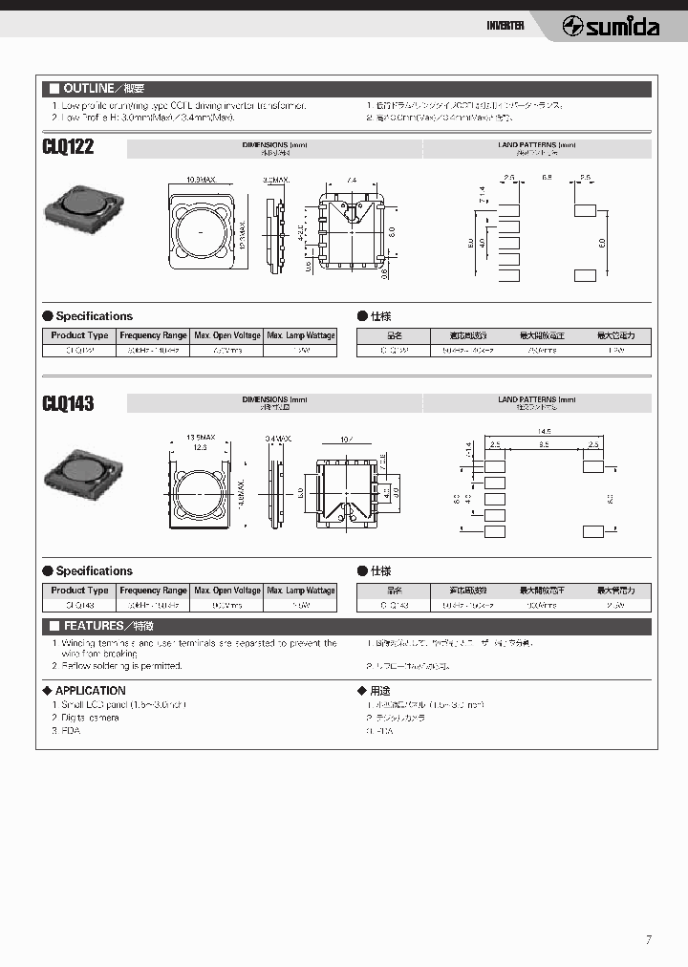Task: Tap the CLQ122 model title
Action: tap(69, 148)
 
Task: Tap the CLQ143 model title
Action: tap(69, 403)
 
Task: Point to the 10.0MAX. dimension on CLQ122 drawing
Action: tap(201, 180)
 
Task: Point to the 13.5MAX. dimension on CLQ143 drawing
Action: tap(201, 437)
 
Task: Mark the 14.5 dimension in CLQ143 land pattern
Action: tap(542, 431)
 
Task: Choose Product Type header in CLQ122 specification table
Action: tap(79, 335)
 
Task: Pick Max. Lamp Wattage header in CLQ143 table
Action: tap(301, 591)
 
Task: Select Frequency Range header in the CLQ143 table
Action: tap(153, 591)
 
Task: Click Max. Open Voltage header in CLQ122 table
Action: tap(226, 335)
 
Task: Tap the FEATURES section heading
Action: tap(100, 627)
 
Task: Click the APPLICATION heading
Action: tap(90, 690)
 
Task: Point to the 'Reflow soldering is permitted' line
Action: tap(119, 665)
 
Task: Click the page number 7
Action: tap(649, 940)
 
